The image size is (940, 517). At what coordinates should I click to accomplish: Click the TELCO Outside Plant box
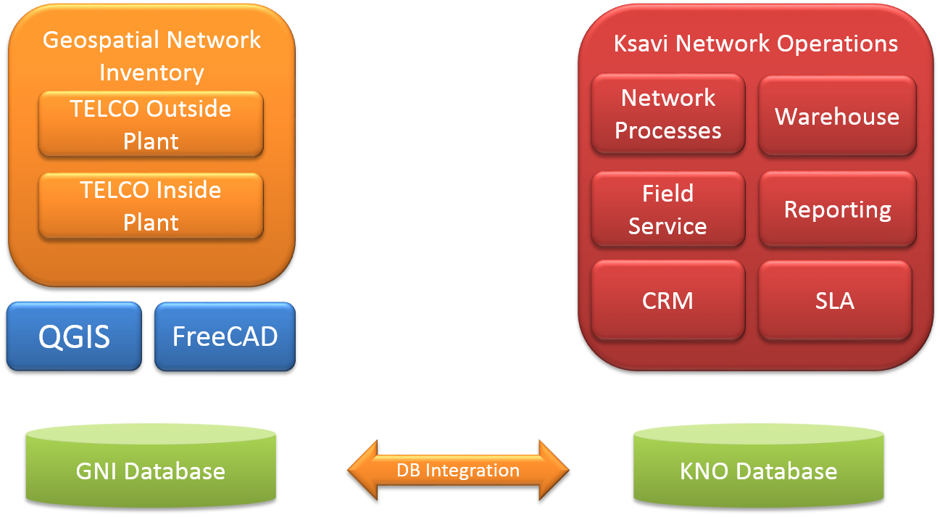[x=151, y=124]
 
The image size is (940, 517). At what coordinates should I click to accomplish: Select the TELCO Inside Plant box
[x=151, y=206]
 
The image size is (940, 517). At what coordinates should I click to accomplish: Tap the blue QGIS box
[x=74, y=336]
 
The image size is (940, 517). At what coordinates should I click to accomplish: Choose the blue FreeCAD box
[x=225, y=336]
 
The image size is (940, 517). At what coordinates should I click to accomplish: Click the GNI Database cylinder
[x=151, y=468]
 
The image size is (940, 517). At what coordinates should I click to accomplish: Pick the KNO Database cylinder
[x=758, y=468]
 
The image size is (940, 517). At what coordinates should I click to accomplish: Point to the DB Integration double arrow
[x=458, y=470]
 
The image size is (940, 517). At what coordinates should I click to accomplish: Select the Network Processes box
[x=668, y=114]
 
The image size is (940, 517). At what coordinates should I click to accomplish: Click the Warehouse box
[x=837, y=116]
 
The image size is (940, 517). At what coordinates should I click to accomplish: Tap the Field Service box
[x=668, y=210]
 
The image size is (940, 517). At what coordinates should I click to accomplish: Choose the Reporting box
[x=837, y=210]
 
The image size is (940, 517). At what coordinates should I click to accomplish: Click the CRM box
[x=668, y=300]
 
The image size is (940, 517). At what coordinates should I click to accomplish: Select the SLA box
[x=835, y=300]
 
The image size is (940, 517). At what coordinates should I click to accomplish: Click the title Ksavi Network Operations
[x=756, y=44]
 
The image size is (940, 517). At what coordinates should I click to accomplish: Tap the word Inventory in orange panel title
[x=151, y=73]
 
